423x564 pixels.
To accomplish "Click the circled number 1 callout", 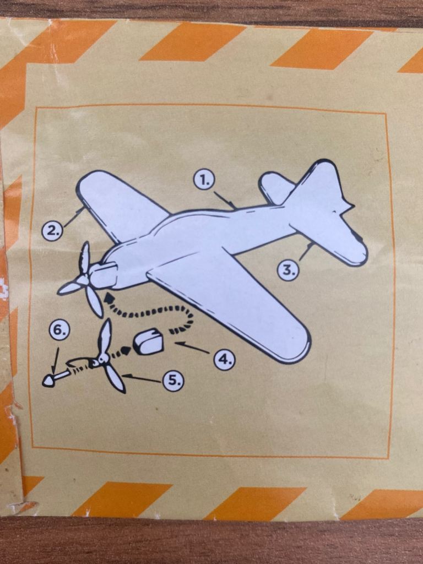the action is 204,180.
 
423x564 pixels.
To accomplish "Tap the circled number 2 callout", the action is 53,231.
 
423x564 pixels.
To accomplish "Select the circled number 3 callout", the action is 288,270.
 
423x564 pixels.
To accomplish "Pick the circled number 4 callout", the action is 225,359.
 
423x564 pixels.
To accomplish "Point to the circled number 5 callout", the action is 173,381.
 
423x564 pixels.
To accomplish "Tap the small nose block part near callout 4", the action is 148,341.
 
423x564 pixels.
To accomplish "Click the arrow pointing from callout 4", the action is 192,348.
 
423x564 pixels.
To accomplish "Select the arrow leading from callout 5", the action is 142,378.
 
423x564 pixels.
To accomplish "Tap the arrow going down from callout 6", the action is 56,360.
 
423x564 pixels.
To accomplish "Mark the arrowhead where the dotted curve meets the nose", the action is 107,298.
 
